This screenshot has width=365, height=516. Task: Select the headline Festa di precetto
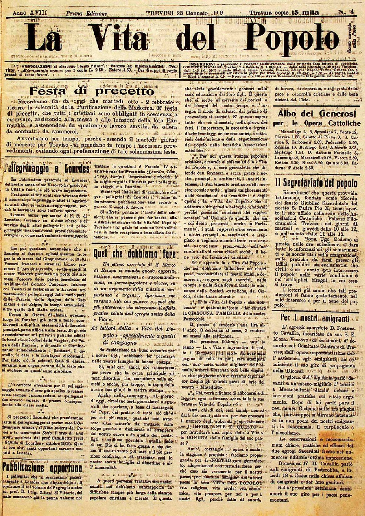click(91, 91)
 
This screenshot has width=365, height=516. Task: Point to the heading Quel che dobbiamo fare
click(135, 253)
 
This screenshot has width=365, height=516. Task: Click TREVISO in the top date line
click(160, 13)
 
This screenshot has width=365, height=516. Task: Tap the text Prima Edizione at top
click(86, 13)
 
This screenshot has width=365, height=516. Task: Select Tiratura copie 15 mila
click(284, 13)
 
